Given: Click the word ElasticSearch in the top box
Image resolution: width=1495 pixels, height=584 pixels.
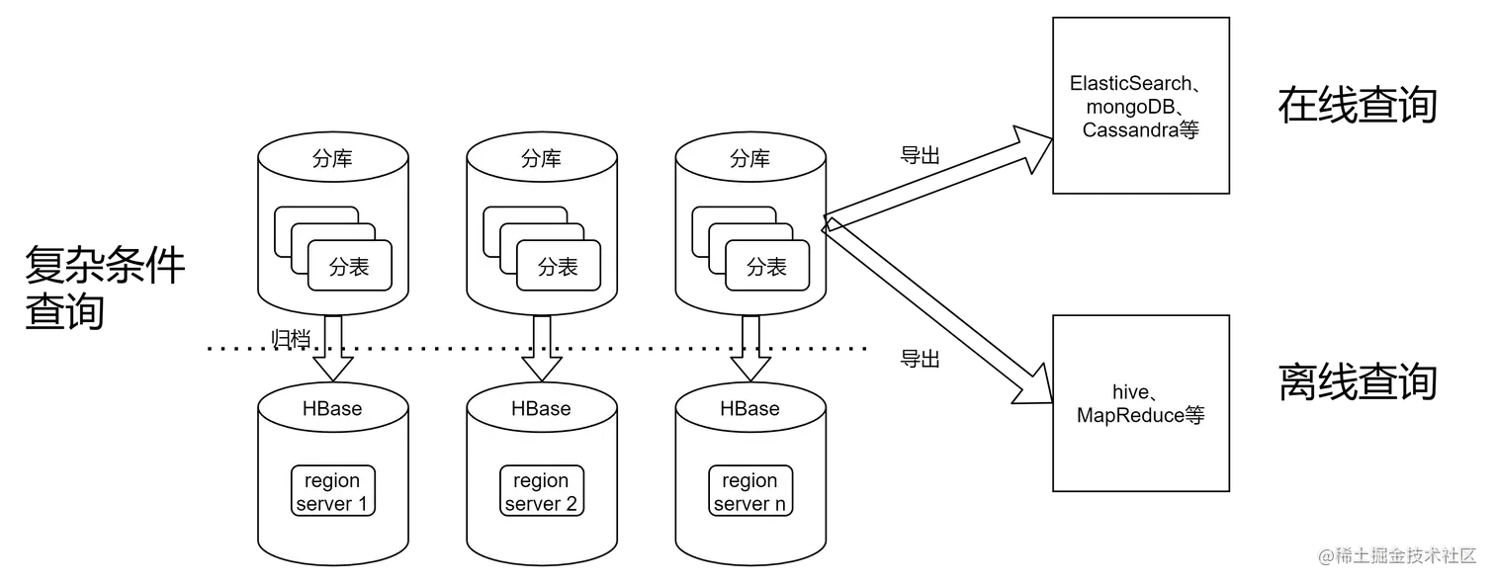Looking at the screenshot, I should (x=1129, y=84).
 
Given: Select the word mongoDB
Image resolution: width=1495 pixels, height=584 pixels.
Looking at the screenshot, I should (x=1126, y=107).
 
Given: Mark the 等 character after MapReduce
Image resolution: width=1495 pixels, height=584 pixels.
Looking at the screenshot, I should (x=1194, y=416).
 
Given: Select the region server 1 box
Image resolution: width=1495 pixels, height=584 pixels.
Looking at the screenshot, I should (x=332, y=492).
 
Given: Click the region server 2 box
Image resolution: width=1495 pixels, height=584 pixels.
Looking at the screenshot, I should (x=541, y=492).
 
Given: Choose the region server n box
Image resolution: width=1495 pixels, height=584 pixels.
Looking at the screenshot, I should (x=749, y=492).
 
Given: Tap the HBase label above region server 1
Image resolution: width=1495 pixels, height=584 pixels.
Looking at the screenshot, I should (x=332, y=408).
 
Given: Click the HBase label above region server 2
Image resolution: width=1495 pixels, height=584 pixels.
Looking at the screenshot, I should (x=541, y=408).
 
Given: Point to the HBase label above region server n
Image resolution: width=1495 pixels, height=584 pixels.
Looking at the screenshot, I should (x=749, y=408).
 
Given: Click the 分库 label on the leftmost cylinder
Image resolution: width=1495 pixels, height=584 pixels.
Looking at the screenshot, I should (x=332, y=159).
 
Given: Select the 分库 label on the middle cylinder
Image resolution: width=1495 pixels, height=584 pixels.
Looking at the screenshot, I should (x=541, y=159).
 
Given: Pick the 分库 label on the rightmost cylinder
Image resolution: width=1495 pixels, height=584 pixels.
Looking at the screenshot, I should (x=749, y=159).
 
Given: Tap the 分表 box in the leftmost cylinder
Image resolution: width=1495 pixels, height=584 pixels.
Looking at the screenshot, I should (x=349, y=266).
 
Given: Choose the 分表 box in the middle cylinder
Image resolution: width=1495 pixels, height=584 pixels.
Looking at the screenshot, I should (x=558, y=266).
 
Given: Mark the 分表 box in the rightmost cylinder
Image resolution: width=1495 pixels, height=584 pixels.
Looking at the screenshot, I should (x=766, y=266).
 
